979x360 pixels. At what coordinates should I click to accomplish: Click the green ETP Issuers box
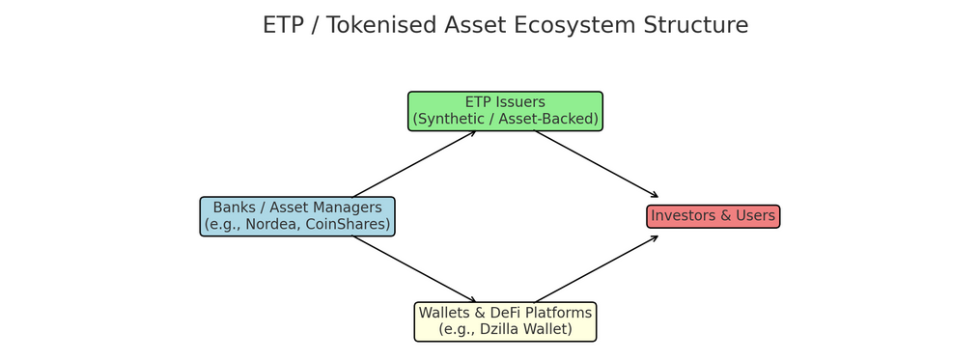coord(505,111)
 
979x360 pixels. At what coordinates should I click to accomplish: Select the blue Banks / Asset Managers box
coord(297,216)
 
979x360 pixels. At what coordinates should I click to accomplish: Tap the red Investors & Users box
coord(713,216)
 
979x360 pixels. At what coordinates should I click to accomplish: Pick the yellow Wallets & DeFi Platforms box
coord(505,322)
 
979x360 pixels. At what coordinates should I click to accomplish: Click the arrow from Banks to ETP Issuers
coord(414,164)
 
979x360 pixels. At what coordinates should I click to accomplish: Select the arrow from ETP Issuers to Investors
coord(597,164)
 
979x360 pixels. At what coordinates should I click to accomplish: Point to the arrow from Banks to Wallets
coord(414,269)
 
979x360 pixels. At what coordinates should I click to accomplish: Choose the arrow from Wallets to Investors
coord(597,269)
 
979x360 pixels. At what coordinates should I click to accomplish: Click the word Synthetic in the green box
coord(449,119)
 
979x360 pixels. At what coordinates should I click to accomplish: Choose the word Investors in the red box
coord(680,216)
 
